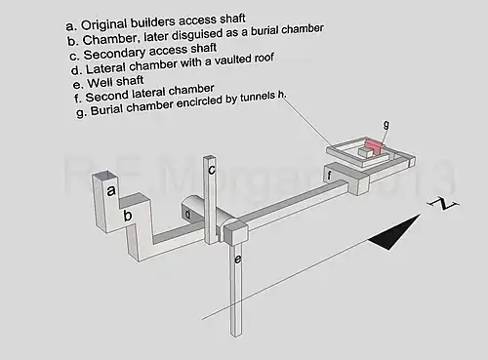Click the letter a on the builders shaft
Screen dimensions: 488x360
point(111,190)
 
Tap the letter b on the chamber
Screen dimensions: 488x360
point(128,215)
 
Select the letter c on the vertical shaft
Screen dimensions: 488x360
point(212,170)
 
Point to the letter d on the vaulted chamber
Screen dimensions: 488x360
point(187,214)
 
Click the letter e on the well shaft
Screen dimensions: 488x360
point(238,260)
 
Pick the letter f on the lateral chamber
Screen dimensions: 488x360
point(329,176)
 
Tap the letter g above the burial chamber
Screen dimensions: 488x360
point(386,124)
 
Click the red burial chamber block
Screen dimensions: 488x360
point(375,146)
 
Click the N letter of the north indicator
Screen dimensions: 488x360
point(443,203)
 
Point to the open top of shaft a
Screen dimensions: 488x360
point(104,176)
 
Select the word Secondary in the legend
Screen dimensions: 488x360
point(114,54)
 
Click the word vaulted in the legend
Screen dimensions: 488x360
point(228,60)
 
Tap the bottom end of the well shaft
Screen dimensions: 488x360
point(237,335)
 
